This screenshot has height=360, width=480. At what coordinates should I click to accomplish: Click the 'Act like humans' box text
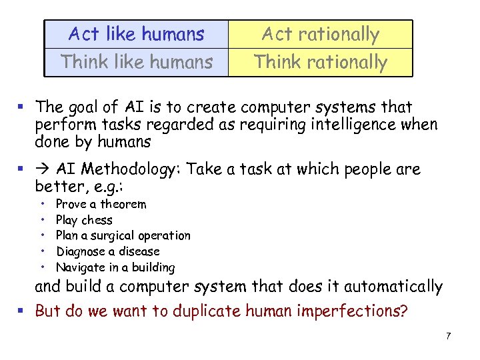point(137,34)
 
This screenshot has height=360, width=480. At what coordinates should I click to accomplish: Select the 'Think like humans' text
point(137,62)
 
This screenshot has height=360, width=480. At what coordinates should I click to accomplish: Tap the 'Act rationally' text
point(320,34)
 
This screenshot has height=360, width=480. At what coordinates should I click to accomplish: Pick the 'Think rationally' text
point(320,62)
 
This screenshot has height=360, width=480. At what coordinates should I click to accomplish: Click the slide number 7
point(449,336)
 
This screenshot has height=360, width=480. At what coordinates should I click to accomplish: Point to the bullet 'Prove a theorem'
point(101,204)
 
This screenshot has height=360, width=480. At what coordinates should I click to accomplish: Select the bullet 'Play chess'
point(84,220)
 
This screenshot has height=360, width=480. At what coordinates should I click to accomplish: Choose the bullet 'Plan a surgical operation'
point(123,235)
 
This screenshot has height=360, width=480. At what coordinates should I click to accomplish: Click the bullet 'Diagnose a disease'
point(108,251)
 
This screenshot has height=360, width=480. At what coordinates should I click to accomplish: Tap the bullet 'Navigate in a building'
point(115,267)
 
